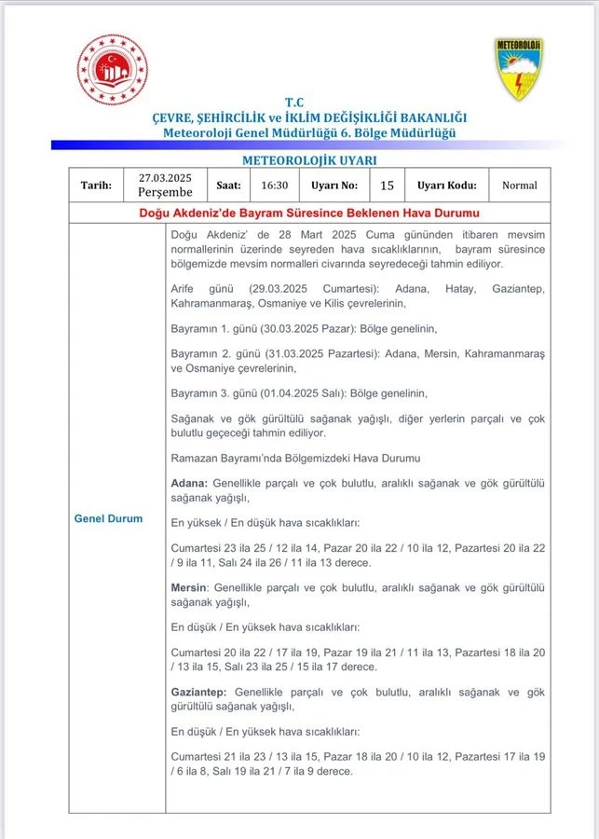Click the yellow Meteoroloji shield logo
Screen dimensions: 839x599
point(519,69)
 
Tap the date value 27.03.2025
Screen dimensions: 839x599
point(165,177)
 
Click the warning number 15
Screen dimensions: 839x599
point(387,185)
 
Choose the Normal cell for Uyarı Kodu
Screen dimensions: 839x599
point(519,185)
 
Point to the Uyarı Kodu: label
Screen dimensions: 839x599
point(447,185)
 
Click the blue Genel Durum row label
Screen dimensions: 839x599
point(109,518)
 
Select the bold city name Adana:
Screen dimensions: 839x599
point(190,483)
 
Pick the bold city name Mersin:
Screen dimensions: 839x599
point(190,588)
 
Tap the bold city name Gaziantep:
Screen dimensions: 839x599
point(200,693)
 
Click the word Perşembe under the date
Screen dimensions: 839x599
point(165,192)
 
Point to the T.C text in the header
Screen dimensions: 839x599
point(295,103)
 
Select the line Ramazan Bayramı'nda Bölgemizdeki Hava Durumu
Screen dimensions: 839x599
point(295,459)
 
